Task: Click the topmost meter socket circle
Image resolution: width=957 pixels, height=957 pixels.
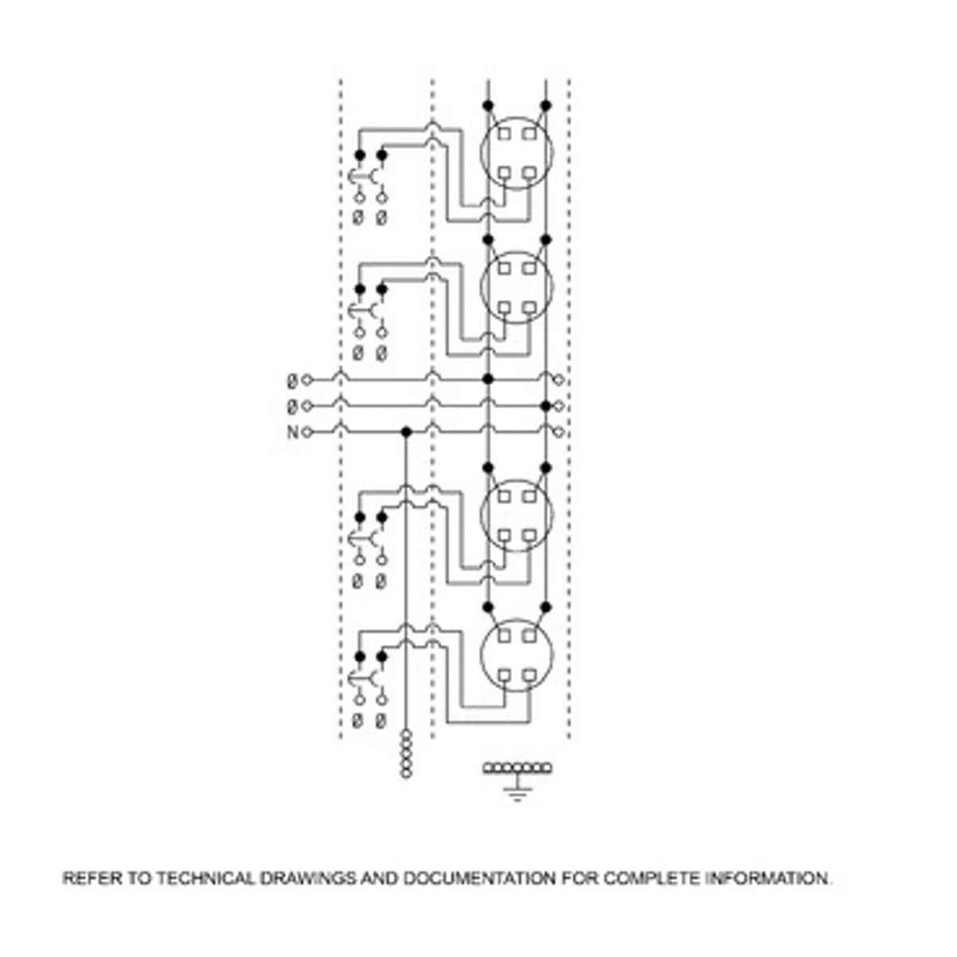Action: click(516, 153)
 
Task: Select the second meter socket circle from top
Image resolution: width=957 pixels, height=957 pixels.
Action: click(516, 288)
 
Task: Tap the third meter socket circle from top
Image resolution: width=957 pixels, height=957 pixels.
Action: click(516, 516)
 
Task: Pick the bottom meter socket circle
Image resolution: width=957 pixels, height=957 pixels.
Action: click(516, 656)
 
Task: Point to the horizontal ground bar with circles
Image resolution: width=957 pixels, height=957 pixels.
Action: click(518, 768)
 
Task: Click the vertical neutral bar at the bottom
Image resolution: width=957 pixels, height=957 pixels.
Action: click(406, 753)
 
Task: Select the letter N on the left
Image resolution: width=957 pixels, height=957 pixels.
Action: click(292, 432)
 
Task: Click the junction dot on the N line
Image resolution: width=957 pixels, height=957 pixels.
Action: click(406, 431)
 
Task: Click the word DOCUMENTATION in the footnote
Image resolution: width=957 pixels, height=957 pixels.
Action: click(479, 879)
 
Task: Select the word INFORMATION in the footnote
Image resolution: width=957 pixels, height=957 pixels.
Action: click(768, 879)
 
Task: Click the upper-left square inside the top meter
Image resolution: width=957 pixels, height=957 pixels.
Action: click(504, 134)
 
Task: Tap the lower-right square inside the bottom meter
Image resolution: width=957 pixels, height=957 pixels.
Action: click(530, 675)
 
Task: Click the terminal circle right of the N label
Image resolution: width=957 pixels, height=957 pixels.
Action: click(308, 432)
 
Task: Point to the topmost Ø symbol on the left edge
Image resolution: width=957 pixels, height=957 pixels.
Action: click(292, 380)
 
